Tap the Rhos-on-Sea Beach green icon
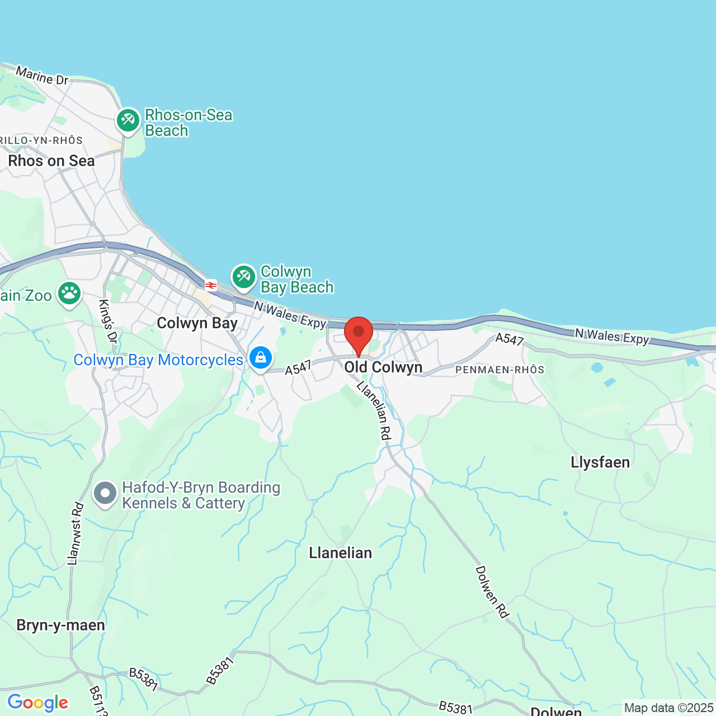pyautogui.click(x=128, y=120)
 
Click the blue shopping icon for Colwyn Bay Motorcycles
pyautogui.click(x=260, y=358)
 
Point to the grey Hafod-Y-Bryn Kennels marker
pyautogui.click(x=105, y=494)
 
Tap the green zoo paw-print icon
pyautogui.click(x=69, y=293)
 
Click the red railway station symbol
pyautogui.click(x=211, y=285)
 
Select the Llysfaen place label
pyautogui.click(x=600, y=463)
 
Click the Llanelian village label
pyautogui.click(x=340, y=553)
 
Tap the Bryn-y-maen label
pyautogui.click(x=61, y=625)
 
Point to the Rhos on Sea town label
pyautogui.click(x=51, y=161)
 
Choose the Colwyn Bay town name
pyautogui.click(x=197, y=323)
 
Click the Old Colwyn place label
pyautogui.click(x=383, y=368)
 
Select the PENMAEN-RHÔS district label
pyautogui.click(x=500, y=370)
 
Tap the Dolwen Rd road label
pyautogui.click(x=492, y=592)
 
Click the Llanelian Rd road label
pyautogui.click(x=374, y=410)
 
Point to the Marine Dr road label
pyautogui.click(x=42, y=76)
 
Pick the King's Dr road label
pyautogui.click(x=108, y=322)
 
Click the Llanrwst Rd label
pyautogui.click(x=75, y=533)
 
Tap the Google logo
pyautogui.click(x=37, y=703)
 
